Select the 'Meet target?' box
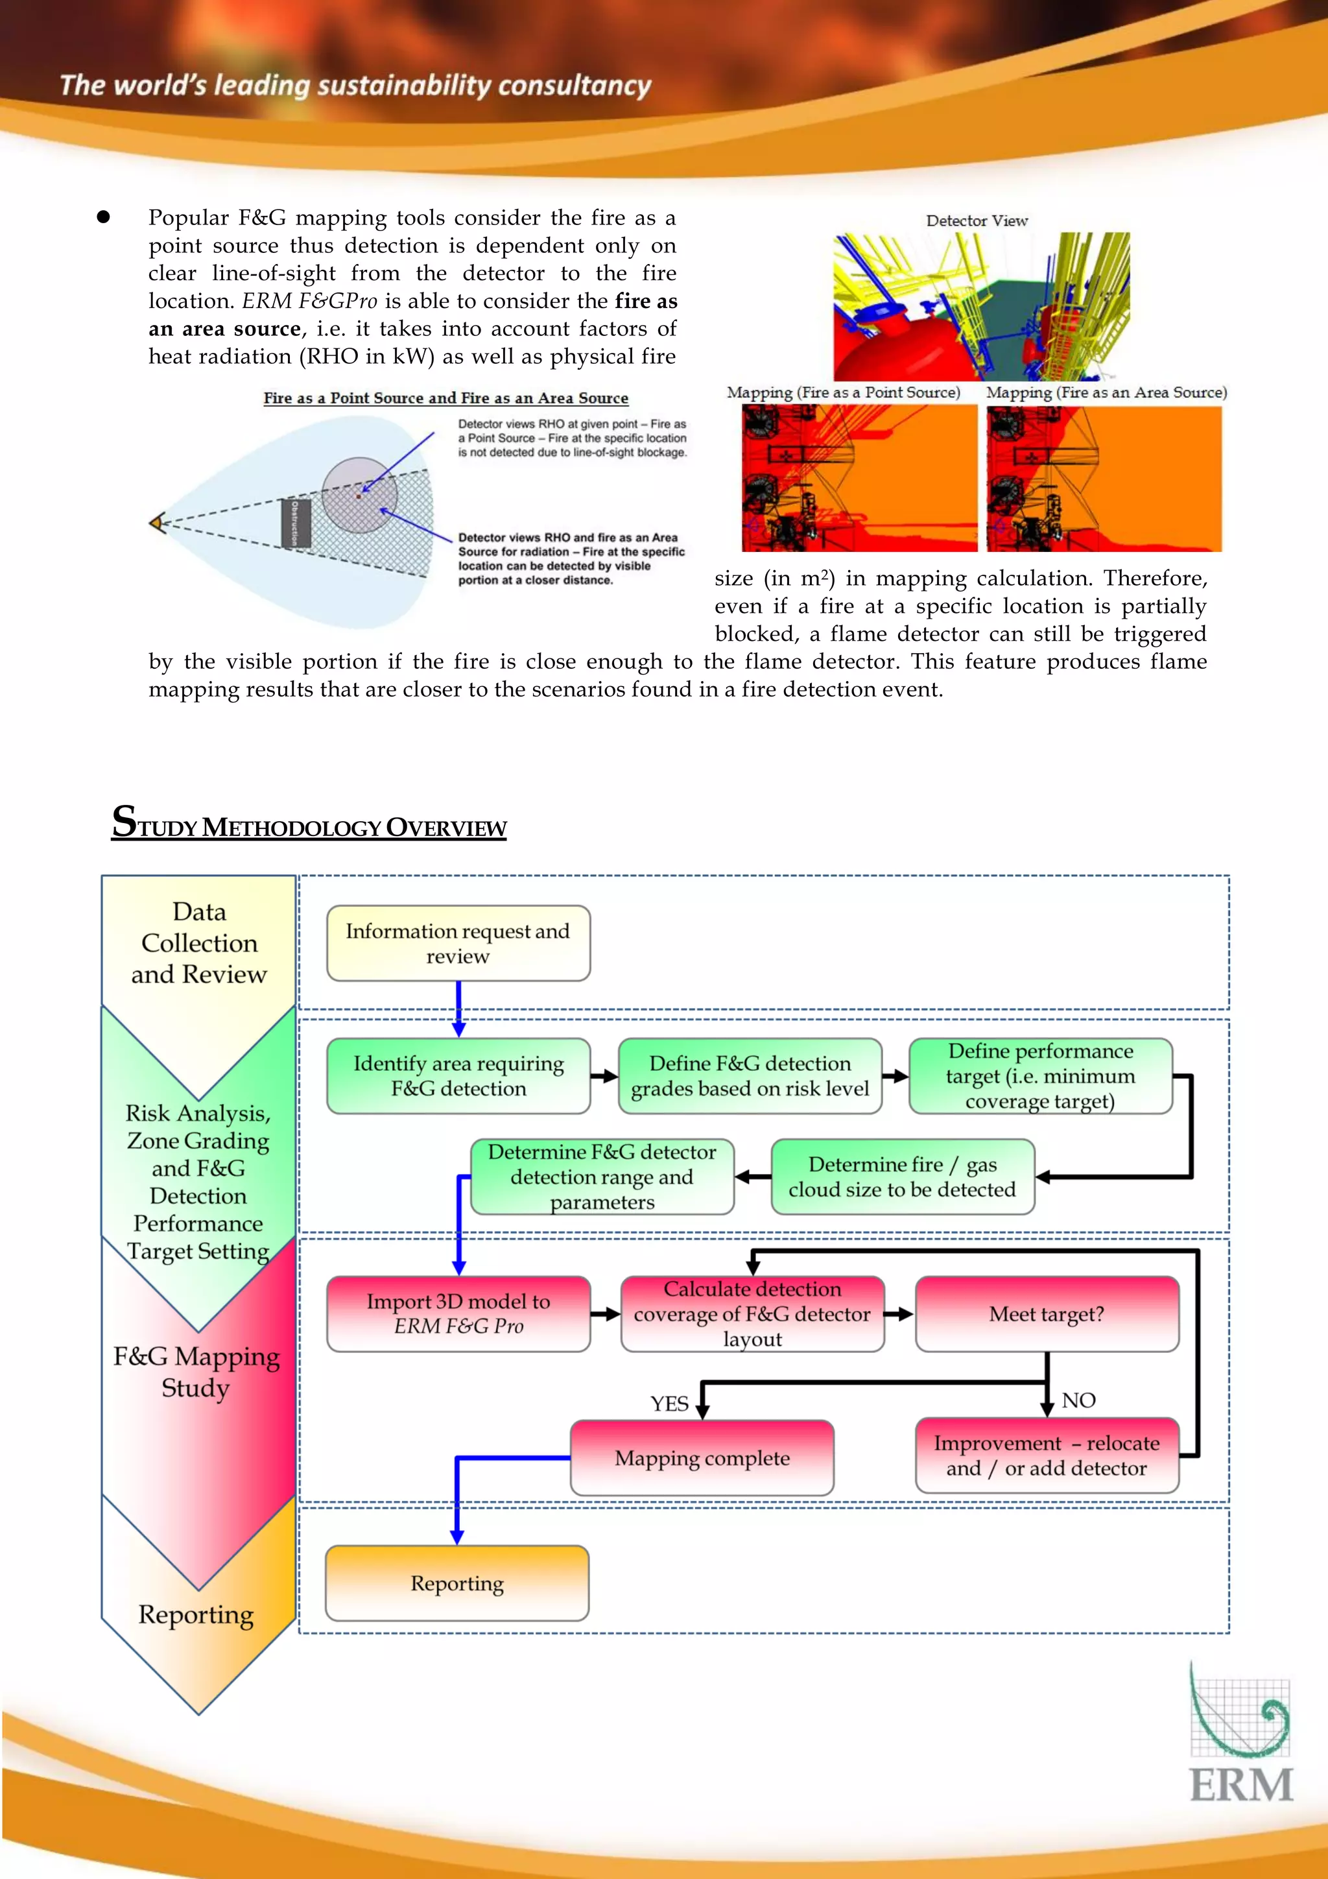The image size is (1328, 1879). [x=1047, y=1313]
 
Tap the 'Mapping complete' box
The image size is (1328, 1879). [x=702, y=1457]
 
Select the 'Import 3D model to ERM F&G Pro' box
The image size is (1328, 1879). [x=458, y=1313]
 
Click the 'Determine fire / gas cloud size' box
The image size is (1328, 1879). [x=902, y=1176]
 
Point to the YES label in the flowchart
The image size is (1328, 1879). [x=669, y=1404]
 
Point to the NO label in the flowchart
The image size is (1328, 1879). [x=1078, y=1400]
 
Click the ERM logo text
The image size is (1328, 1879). [x=1240, y=1785]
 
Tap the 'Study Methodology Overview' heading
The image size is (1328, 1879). [x=309, y=823]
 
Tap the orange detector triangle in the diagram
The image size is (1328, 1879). [x=157, y=521]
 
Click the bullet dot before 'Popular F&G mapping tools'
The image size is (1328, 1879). [x=103, y=217]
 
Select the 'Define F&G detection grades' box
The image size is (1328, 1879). [x=750, y=1075]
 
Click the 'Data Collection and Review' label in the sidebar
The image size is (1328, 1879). [x=199, y=943]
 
